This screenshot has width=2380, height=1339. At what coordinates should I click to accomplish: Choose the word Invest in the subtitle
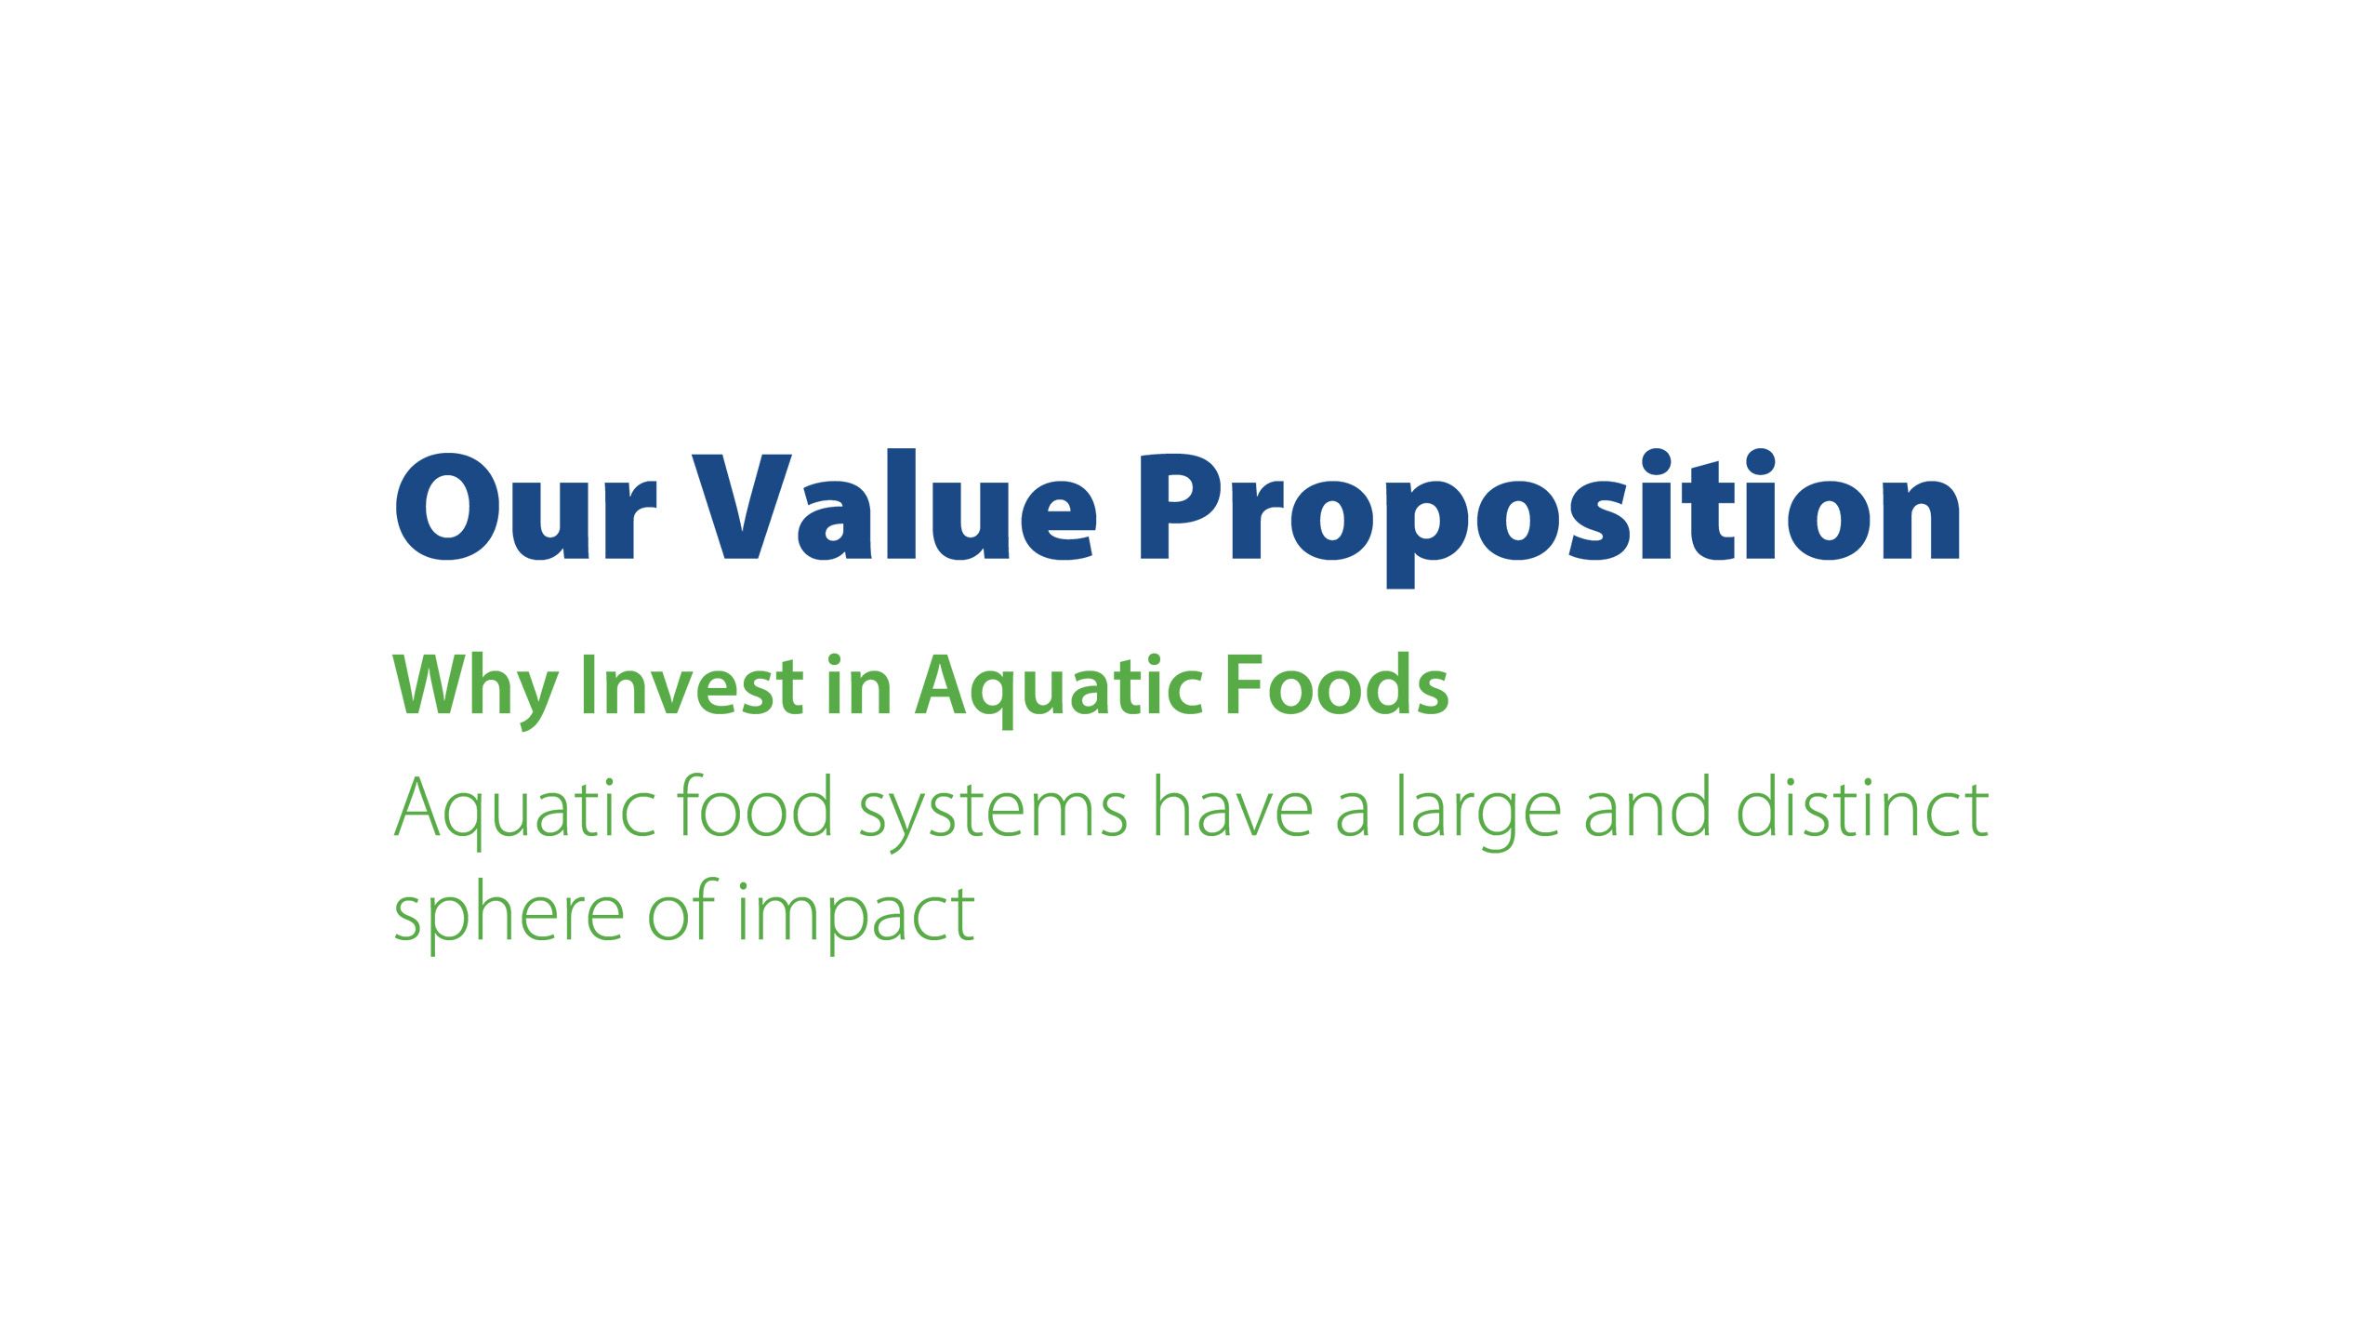(x=691, y=685)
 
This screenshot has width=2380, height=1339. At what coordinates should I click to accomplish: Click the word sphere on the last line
(x=509, y=917)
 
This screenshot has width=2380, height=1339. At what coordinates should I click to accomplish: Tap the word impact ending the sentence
(x=856, y=917)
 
